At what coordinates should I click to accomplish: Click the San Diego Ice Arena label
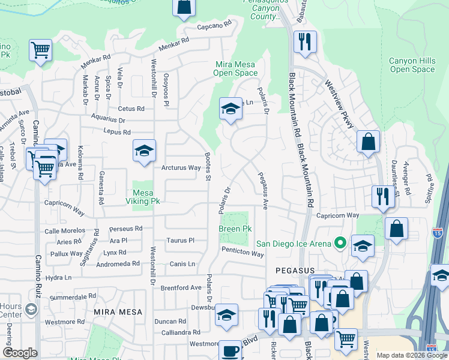tap(294, 244)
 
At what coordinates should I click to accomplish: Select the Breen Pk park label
tap(235, 229)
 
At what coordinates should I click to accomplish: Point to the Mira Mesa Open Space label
tap(235, 68)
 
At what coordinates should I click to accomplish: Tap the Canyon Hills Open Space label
tap(412, 65)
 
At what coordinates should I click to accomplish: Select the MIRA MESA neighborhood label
tap(118, 313)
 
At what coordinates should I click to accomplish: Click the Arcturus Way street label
tap(181, 168)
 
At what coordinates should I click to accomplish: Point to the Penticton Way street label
tap(243, 254)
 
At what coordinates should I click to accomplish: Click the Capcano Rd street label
tap(214, 26)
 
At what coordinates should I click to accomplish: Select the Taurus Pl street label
tap(181, 240)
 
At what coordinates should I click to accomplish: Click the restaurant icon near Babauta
tap(305, 41)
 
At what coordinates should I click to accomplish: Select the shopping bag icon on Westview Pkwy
tap(368, 142)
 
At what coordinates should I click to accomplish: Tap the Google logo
tap(20, 353)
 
